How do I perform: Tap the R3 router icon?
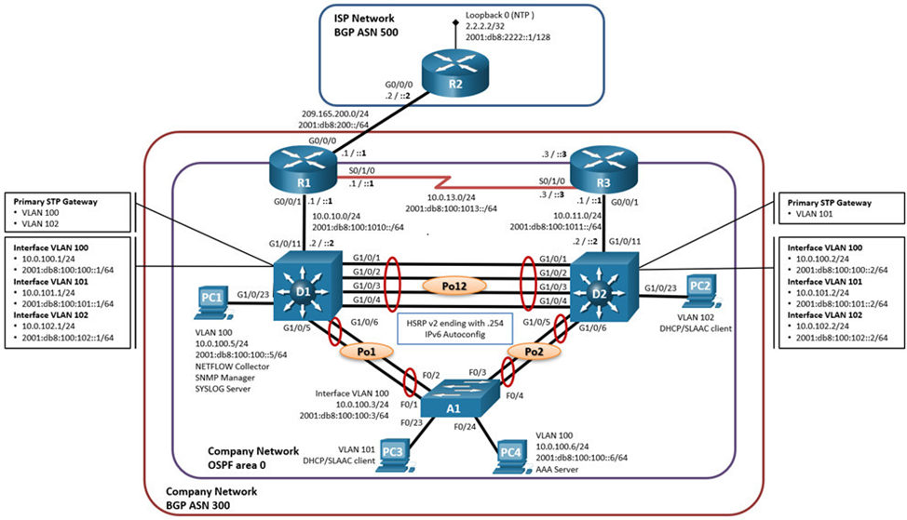(603, 168)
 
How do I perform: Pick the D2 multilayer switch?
(604, 287)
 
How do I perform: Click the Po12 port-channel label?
(453, 286)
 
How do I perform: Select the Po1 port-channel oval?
(366, 351)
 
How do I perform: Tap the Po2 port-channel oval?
(535, 352)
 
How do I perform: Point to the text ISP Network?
(364, 19)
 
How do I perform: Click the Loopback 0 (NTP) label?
(500, 15)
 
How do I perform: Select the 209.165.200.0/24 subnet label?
(335, 114)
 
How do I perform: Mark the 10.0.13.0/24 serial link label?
(452, 197)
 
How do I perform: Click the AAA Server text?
(557, 469)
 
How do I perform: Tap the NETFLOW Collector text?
(232, 367)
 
